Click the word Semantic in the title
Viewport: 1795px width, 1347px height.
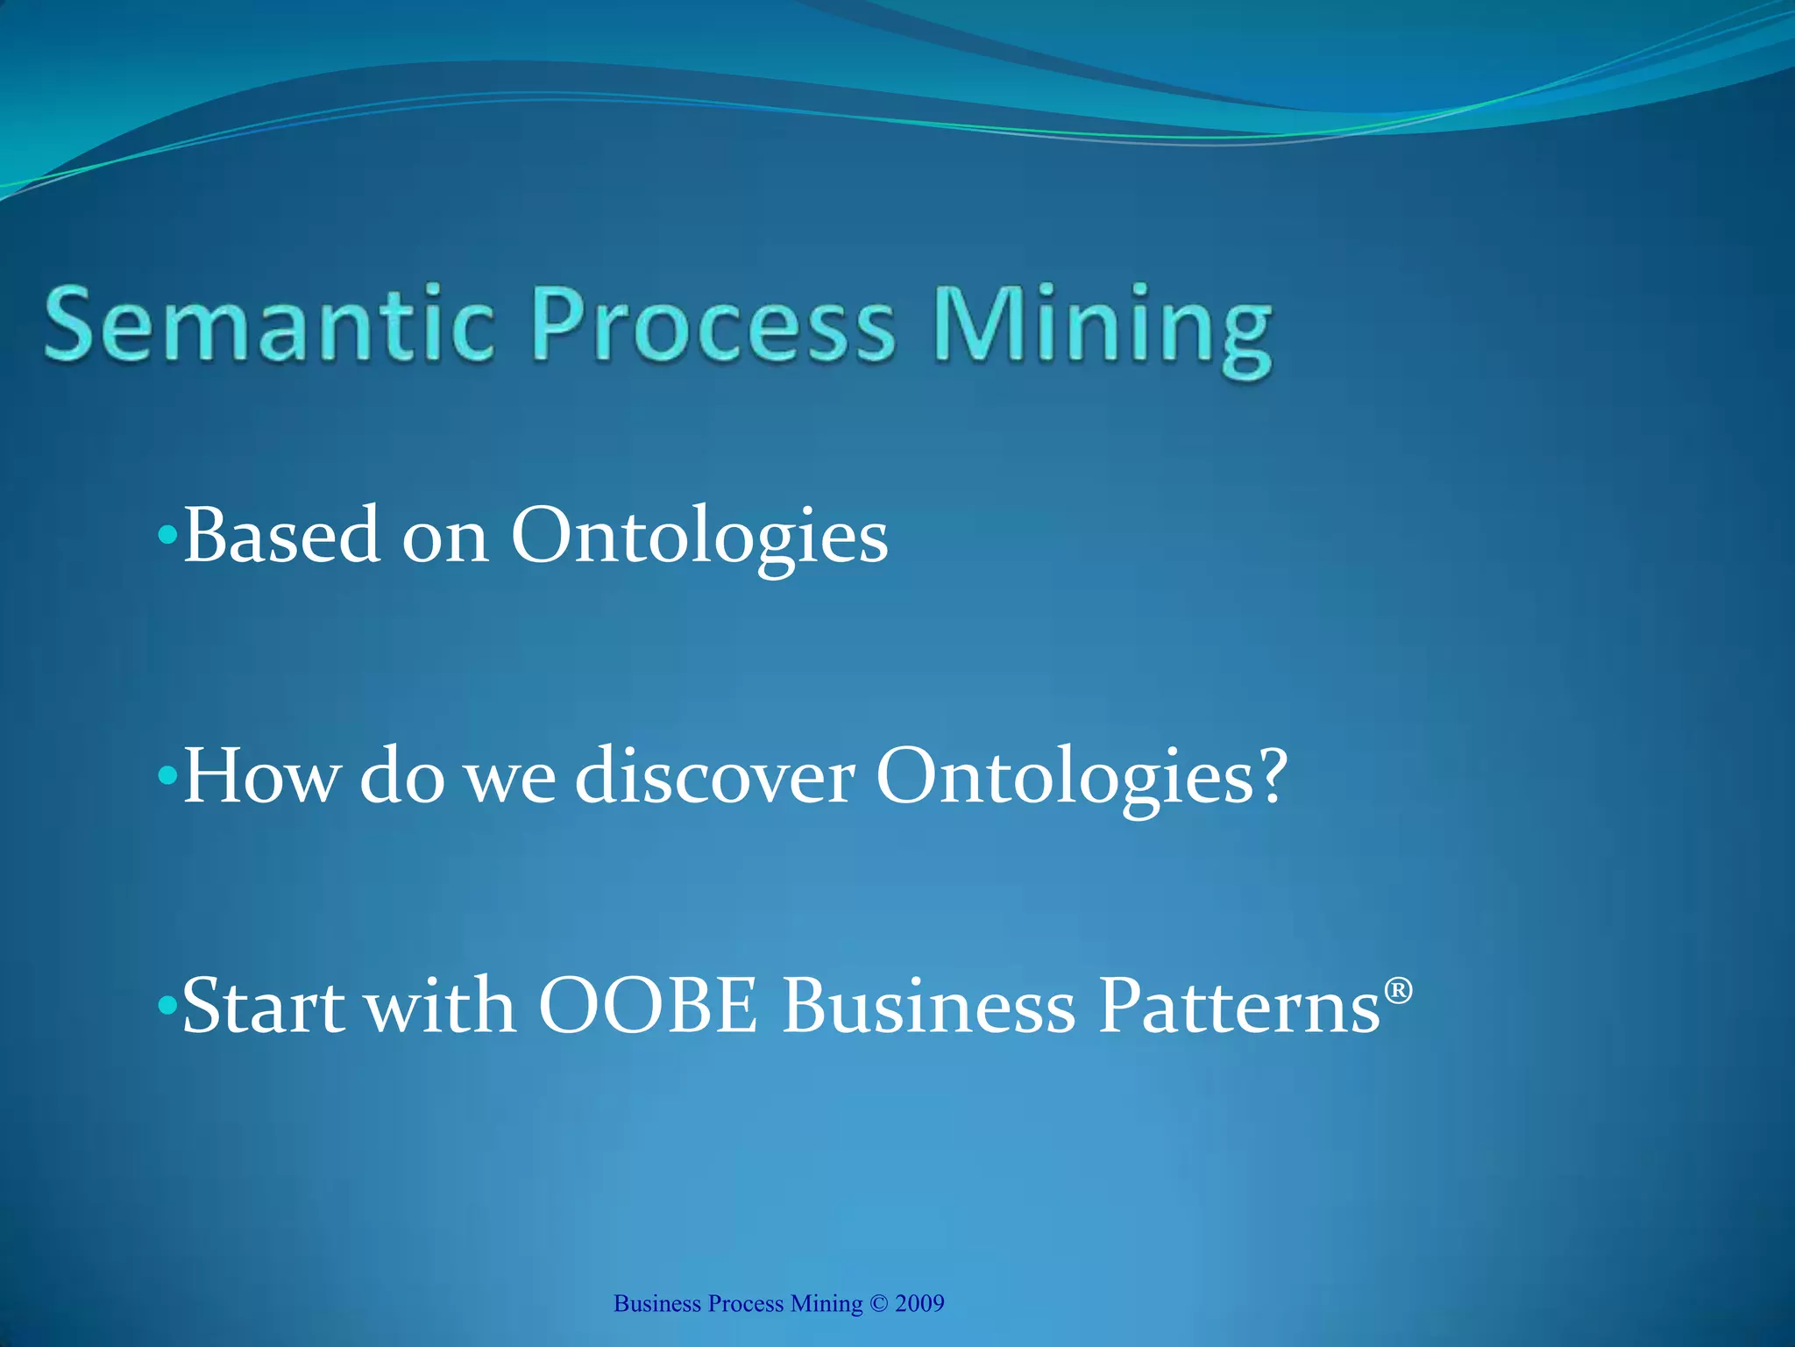tap(268, 324)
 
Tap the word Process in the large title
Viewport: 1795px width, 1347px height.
tap(714, 324)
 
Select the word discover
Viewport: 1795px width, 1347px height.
tap(714, 776)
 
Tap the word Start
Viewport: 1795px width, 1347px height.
tap(263, 1007)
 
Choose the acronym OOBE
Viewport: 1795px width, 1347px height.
tap(647, 1007)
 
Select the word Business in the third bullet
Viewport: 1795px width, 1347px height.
tap(929, 1007)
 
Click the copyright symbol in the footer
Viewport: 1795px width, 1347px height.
tap(878, 1304)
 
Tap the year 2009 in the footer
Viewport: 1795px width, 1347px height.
tap(919, 1304)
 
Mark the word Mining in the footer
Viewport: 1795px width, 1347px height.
tap(826, 1304)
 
